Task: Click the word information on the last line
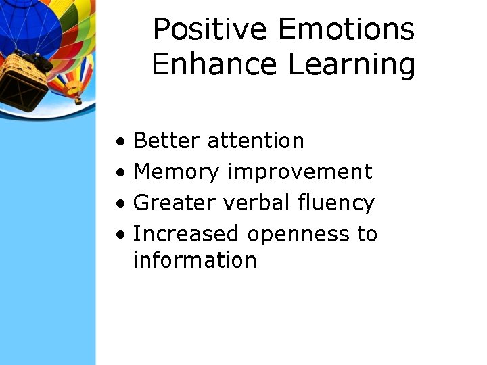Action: point(195,260)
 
